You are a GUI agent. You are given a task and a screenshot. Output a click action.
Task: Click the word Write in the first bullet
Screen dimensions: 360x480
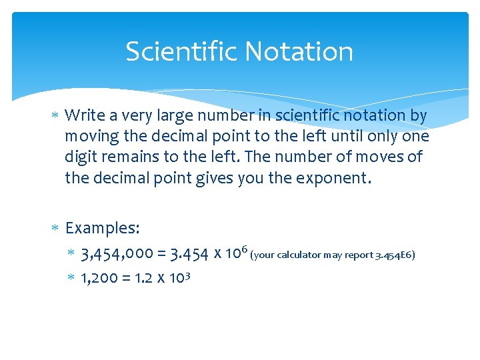point(82,115)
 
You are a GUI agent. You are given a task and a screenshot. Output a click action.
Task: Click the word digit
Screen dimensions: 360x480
point(81,157)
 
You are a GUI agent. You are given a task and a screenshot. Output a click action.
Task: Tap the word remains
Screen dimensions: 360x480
point(129,157)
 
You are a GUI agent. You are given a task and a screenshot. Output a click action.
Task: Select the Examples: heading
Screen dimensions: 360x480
point(103,228)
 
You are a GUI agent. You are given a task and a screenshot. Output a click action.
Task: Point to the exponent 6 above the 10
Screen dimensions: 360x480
point(245,249)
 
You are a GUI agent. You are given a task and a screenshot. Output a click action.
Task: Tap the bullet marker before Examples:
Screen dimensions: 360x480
point(57,229)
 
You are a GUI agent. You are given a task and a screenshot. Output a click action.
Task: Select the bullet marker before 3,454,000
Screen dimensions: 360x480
point(71,255)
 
